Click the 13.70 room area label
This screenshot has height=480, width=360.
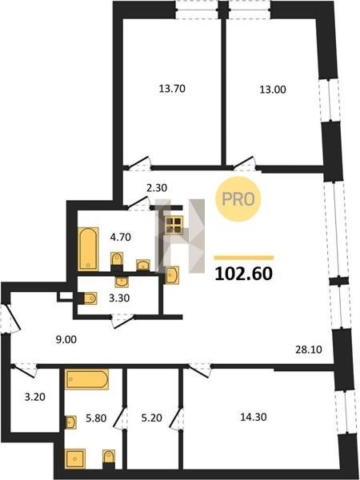click(172, 89)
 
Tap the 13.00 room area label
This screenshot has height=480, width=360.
click(273, 90)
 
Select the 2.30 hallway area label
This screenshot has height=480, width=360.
click(157, 188)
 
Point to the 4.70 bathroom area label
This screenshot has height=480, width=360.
click(121, 237)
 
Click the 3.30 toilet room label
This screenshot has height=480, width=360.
click(119, 298)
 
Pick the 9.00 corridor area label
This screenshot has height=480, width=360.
click(66, 339)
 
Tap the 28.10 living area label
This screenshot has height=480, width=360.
click(309, 350)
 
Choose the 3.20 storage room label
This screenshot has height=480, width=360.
click(35, 398)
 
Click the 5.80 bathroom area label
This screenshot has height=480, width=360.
click(96, 418)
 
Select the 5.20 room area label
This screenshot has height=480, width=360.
click(151, 418)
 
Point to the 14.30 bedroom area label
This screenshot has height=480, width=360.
click(253, 417)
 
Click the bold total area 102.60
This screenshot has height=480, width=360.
click(243, 274)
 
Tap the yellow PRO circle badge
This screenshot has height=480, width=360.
click(238, 199)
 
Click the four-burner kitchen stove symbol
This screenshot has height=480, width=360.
click(174, 225)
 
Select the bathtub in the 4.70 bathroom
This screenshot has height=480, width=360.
click(88, 249)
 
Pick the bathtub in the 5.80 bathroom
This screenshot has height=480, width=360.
click(86, 379)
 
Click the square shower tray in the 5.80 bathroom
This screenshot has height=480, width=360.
click(75, 458)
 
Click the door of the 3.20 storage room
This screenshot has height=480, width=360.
click(26, 370)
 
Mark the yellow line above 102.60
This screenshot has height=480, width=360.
click(244, 258)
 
